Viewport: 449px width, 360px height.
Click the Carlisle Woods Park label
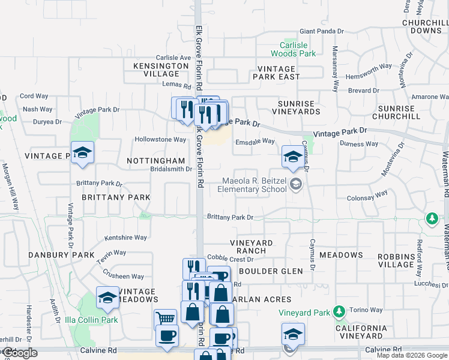point(298,49)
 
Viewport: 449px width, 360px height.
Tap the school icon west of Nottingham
point(82,152)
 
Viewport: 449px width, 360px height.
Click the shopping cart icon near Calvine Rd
point(165,319)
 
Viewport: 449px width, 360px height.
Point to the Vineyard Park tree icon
point(340,311)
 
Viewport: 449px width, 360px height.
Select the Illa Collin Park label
point(91,320)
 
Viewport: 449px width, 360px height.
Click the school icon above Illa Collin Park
point(107,298)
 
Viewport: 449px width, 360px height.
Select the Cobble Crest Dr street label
point(231,259)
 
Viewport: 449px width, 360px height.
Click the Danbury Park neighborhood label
point(62,255)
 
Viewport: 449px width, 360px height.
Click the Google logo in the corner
point(20,353)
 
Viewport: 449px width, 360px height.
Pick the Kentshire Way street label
point(125,238)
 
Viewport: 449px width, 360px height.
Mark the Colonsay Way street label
point(367,198)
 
